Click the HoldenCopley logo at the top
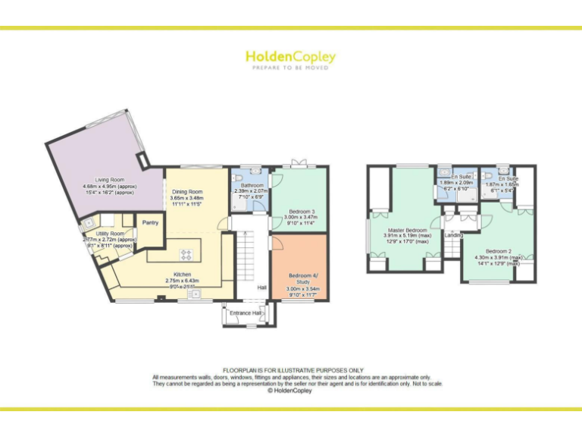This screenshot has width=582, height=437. point(290,58)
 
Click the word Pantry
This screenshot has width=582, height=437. point(149,222)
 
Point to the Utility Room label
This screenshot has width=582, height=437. point(110,234)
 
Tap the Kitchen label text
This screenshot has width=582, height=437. point(182,274)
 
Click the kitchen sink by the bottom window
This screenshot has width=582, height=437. point(196,294)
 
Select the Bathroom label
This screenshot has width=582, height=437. point(252,185)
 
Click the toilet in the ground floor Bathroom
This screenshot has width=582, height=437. point(254,171)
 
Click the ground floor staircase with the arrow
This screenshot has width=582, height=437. point(246,258)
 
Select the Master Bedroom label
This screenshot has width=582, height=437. point(408,229)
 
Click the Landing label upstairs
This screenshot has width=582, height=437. point(453,235)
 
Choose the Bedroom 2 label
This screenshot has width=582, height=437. point(499,251)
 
